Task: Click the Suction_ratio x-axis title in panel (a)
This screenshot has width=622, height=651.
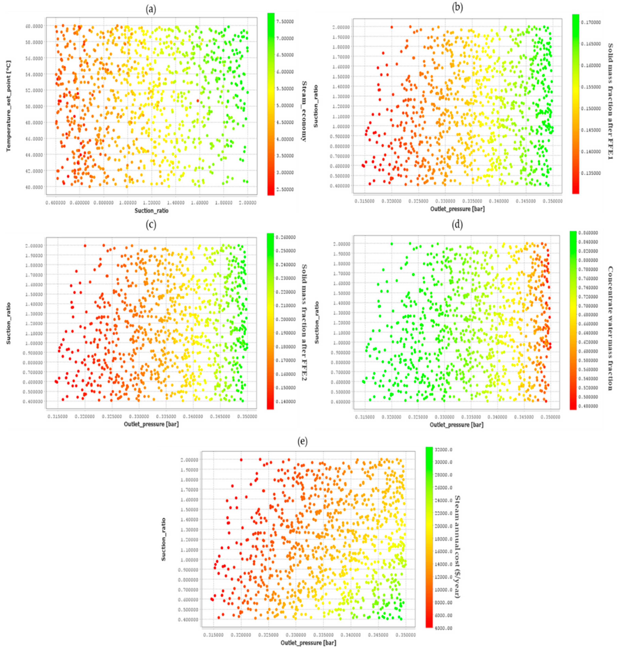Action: pyautogui.click(x=151, y=210)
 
